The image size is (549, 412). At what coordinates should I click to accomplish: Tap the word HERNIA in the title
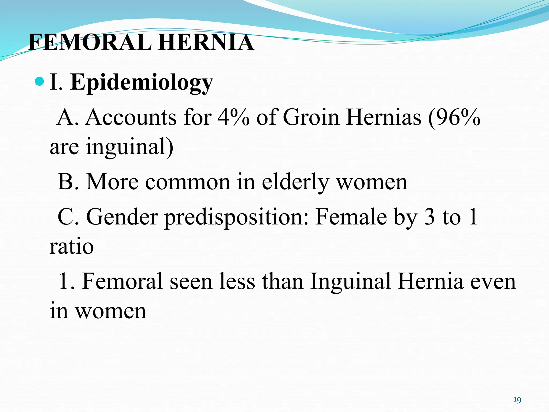coord(206,42)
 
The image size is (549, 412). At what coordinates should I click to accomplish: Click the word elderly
coord(295,182)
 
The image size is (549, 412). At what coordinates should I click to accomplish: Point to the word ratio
coord(72,247)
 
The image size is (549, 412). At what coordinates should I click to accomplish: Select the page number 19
coord(517,400)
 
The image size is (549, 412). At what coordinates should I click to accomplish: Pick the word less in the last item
coord(237,282)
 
